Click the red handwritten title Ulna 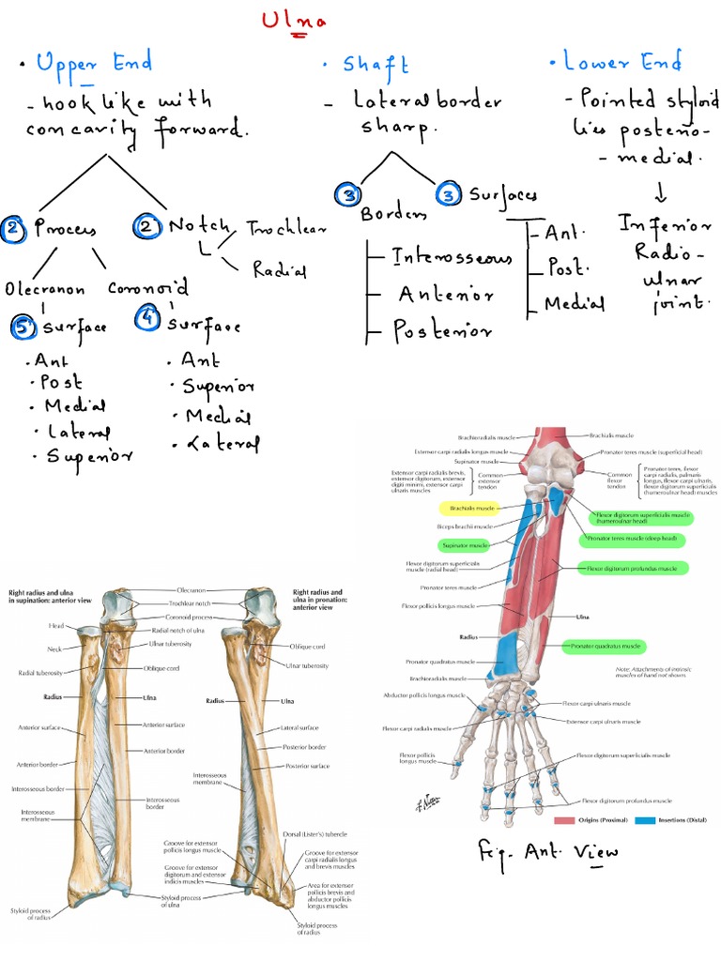coord(294,21)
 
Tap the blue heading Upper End coord(94,65)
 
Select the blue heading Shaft coord(376,65)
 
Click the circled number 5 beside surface coord(23,327)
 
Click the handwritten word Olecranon coord(45,289)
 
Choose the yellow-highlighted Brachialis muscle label coord(472,509)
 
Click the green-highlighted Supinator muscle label coord(466,545)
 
